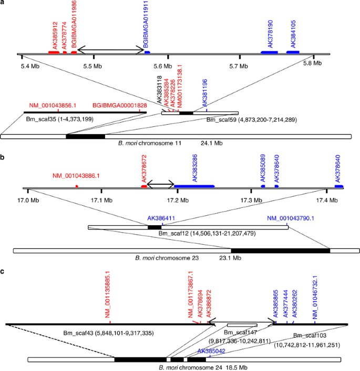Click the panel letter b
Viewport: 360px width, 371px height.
click(4, 157)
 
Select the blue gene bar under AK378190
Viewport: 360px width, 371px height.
click(272, 53)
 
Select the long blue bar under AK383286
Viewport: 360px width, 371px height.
click(194, 186)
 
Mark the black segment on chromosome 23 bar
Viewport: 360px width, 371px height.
click(280, 250)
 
